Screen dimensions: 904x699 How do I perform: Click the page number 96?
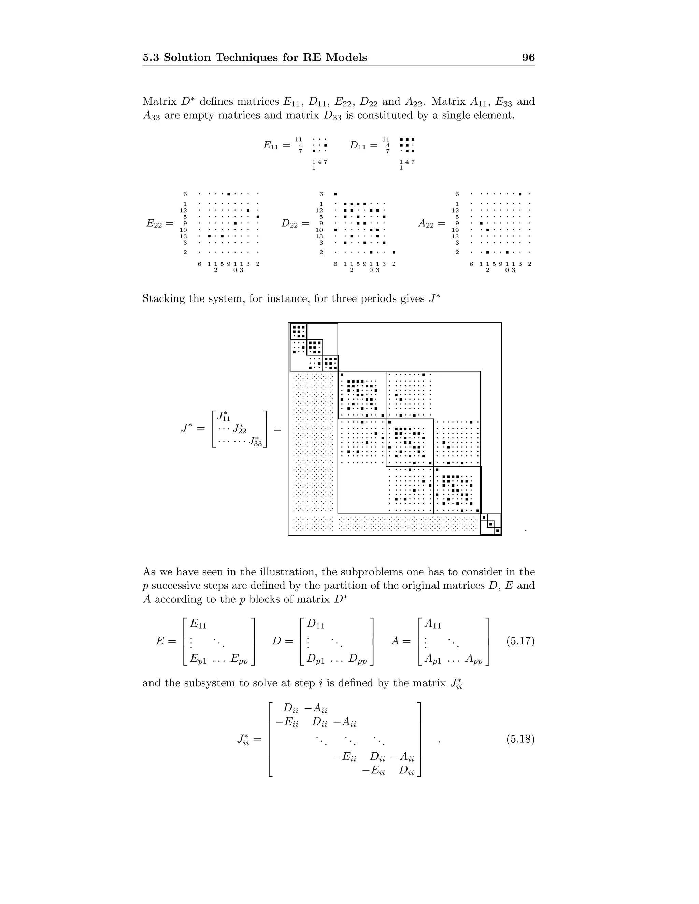(528, 58)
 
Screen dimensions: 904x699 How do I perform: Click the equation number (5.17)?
(520, 641)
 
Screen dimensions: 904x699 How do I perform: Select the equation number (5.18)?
(520, 739)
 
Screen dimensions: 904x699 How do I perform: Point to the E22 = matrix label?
(160, 223)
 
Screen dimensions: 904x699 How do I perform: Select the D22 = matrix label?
(295, 223)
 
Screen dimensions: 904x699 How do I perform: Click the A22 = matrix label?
(431, 223)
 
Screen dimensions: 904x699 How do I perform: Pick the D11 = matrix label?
(363, 145)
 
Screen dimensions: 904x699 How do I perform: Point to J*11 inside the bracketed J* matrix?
(224, 416)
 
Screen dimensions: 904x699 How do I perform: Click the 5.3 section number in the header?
(151, 58)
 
